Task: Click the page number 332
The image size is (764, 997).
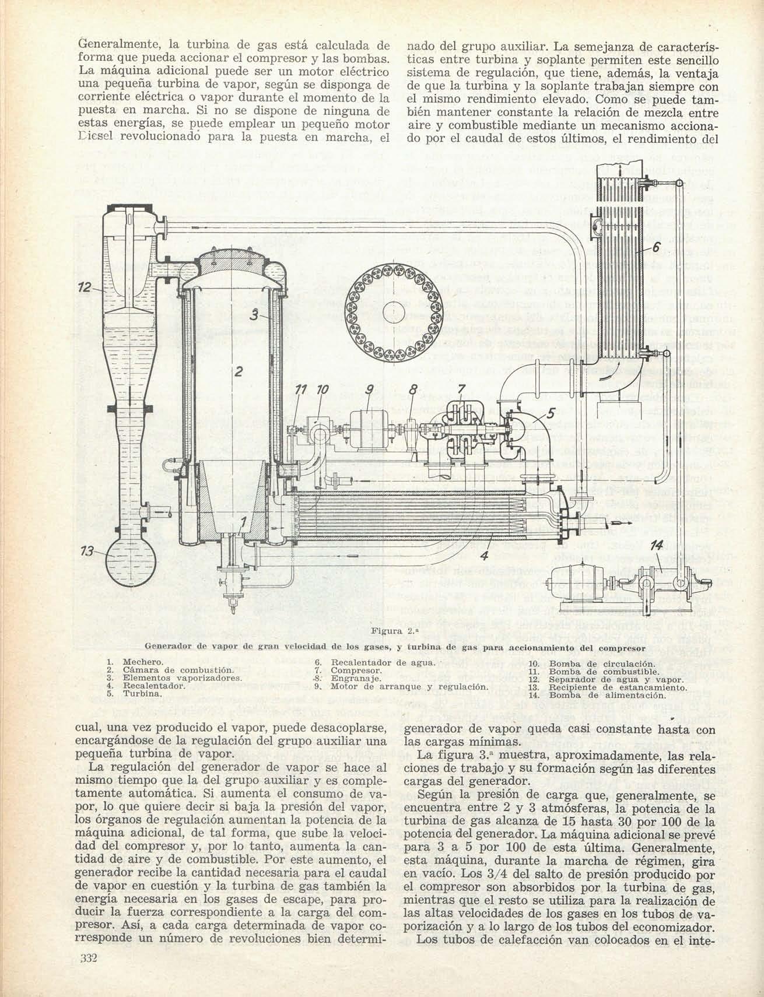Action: coord(87,958)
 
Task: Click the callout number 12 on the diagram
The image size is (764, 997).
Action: coord(85,287)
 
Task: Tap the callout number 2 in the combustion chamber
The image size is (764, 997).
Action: coord(238,371)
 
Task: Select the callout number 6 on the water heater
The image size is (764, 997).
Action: coord(656,247)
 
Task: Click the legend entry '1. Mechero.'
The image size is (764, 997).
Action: coord(135,663)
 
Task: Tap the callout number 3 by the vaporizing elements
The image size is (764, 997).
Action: coord(254,315)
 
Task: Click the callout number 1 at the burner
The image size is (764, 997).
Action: coord(244,521)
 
